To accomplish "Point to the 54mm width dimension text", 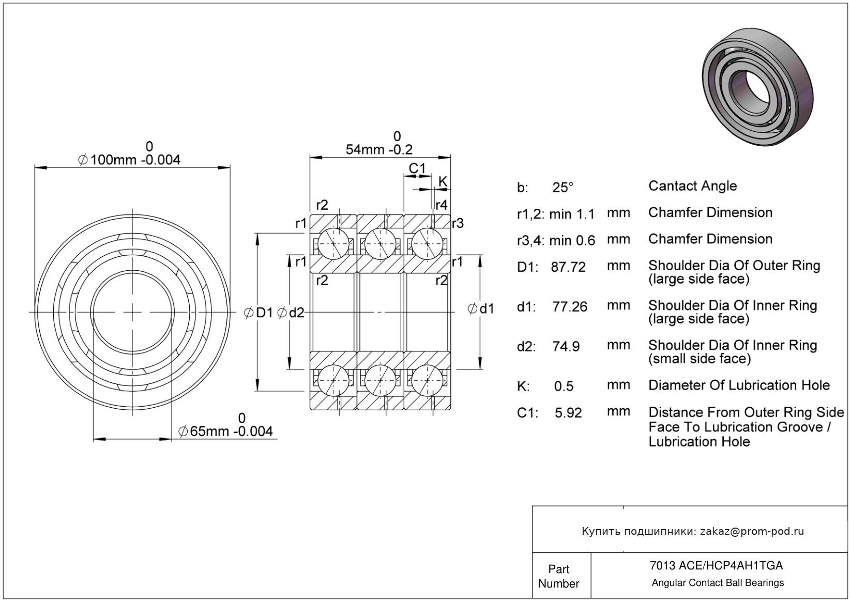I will pyautogui.click(x=379, y=149).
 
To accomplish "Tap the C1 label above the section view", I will pyautogui.click(x=417, y=168).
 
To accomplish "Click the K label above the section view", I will pyautogui.click(x=443, y=181).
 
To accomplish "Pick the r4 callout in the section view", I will pyautogui.click(x=441, y=205).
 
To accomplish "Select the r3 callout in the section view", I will pyautogui.click(x=458, y=223).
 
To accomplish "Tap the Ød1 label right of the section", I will pyautogui.click(x=481, y=309).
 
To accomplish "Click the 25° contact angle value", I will pyautogui.click(x=563, y=188).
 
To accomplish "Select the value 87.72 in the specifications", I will pyautogui.click(x=568, y=267).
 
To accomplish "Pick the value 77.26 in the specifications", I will pyautogui.click(x=570, y=307).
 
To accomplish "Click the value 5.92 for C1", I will pyautogui.click(x=568, y=413).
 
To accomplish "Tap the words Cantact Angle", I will pyautogui.click(x=692, y=186).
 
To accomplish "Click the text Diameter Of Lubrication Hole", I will pyautogui.click(x=739, y=385).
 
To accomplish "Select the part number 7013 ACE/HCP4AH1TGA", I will pyautogui.click(x=716, y=565).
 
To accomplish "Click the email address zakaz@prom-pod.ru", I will pyautogui.click(x=752, y=531).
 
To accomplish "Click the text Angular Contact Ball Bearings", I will pyautogui.click(x=718, y=583).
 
